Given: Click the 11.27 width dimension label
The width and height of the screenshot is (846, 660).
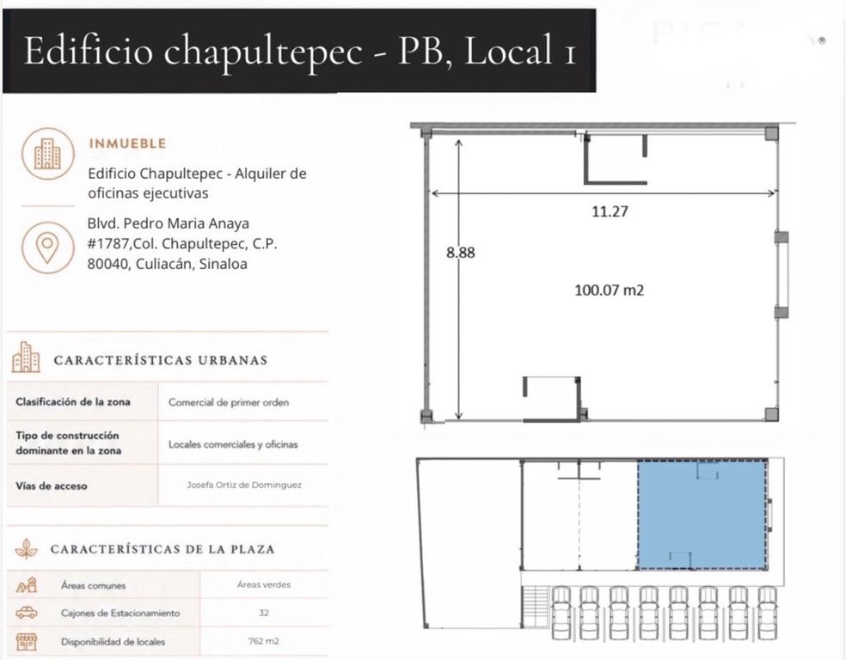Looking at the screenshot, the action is [610, 211].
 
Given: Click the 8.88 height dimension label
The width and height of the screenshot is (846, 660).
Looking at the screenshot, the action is [461, 253].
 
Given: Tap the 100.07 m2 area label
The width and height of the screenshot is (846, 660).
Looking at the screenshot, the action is [610, 290].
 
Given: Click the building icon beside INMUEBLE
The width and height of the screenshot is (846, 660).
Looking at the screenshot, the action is [47, 154].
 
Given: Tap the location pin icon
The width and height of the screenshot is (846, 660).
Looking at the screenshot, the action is [47, 247].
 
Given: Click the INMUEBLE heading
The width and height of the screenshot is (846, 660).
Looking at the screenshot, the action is [127, 144].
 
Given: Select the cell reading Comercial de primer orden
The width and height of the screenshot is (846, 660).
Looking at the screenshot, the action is [229, 402].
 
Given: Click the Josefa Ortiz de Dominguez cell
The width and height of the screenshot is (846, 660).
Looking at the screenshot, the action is [244, 485].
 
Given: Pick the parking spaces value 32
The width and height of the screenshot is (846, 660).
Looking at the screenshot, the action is [263, 613].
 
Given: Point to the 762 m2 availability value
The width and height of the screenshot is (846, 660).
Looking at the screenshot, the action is [264, 641].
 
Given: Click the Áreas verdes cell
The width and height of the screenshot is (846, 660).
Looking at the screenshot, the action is [264, 584].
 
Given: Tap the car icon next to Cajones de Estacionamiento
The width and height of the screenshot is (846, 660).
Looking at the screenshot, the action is [27, 613].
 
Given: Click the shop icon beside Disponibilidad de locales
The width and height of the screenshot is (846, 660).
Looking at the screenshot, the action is [26, 642].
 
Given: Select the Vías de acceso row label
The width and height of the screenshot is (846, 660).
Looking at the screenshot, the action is [52, 486].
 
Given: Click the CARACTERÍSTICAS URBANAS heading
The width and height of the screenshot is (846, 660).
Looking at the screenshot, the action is [161, 360].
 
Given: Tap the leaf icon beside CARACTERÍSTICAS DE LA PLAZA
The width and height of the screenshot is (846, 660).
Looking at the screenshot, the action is [26, 548].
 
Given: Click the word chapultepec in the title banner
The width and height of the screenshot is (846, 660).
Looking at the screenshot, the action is [263, 52].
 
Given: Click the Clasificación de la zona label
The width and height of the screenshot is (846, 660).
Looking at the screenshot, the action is [73, 401].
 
